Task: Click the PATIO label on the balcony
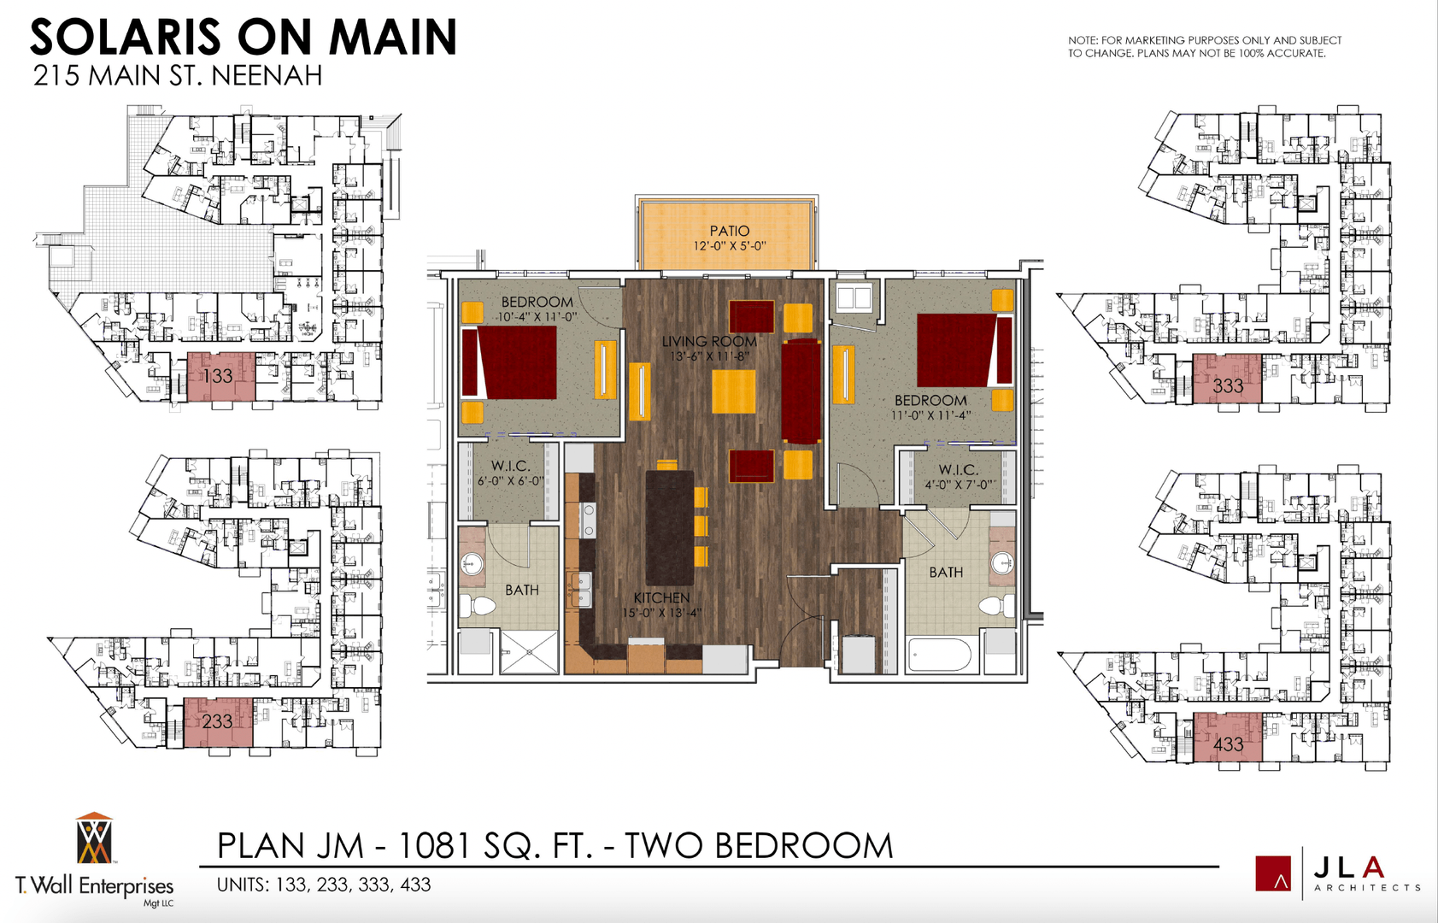729,231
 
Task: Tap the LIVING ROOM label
708,341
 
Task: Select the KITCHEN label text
661,597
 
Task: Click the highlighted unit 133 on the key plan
220,376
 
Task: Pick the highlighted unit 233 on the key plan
218,722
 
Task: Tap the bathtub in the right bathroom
939,656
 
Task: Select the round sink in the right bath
1002,563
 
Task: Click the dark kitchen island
669,527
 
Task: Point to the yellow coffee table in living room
733,391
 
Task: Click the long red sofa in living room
801,391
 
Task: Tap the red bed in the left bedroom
510,362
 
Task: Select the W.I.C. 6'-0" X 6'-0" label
509,473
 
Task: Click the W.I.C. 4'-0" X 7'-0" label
958,476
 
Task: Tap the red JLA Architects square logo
1272,873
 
